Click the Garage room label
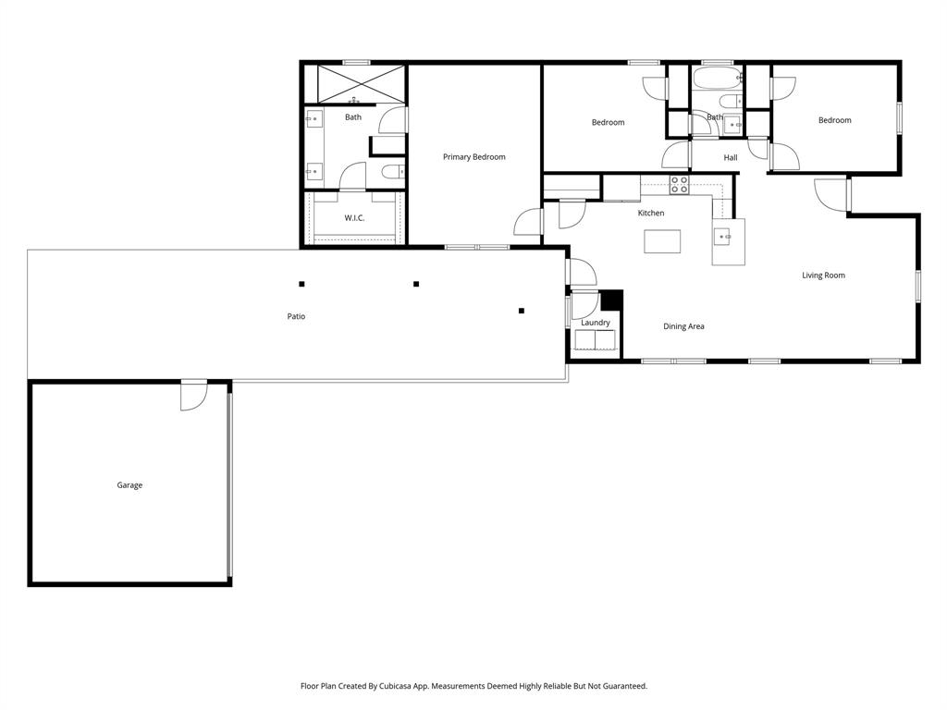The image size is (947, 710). [129, 485]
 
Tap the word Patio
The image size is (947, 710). [296, 316]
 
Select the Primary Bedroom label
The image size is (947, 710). [473, 157]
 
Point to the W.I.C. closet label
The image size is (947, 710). [354, 218]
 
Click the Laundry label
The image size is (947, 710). [596, 323]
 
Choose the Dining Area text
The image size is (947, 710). [683, 326]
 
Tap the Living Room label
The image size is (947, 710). [823, 275]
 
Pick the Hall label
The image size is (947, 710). [731, 158]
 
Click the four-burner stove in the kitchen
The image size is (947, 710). [679, 185]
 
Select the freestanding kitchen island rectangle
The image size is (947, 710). [662, 241]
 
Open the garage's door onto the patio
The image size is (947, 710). [193, 396]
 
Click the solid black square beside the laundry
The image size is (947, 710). [611, 300]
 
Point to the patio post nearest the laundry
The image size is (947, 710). [522, 311]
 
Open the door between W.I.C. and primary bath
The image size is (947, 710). [353, 177]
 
